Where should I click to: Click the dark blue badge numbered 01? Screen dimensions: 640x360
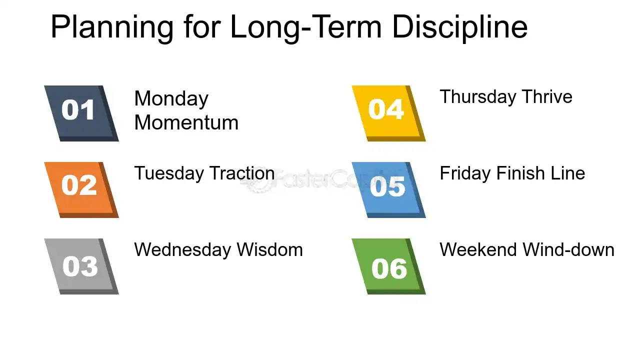(x=81, y=113)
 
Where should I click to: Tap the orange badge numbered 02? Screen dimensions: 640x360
(x=81, y=189)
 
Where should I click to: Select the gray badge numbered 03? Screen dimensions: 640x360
(x=81, y=266)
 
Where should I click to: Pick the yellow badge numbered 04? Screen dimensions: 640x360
(x=388, y=113)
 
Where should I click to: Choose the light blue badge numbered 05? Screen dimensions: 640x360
(x=388, y=189)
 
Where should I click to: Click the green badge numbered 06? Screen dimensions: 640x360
(x=388, y=266)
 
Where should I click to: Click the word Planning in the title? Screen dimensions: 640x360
(x=112, y=28)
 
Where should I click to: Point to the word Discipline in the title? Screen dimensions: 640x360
(x=460, y=27)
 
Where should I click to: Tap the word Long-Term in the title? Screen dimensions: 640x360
(x=306, y=28)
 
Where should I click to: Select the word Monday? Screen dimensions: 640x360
(x=171, y=99)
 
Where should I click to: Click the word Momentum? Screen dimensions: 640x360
(x=186, y=122)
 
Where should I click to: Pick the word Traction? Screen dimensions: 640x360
(x=242, y=173)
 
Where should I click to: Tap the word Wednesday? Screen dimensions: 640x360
(x=182, y=249)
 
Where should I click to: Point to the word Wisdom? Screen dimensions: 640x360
(x=269, y=249)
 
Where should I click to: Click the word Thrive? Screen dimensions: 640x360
(x=547, y=96)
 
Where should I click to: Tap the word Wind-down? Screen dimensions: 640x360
(x=568, y=249)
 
